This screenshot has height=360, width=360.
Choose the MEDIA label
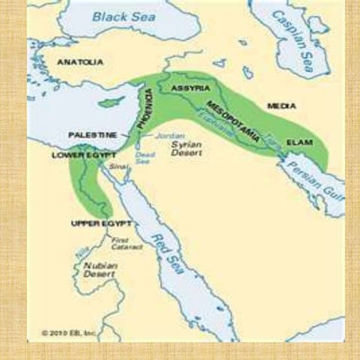pos(281,106)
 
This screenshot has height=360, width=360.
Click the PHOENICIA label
pos(148,109)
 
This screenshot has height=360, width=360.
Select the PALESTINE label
pos(92,134)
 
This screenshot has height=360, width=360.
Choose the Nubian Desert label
pos(97,268)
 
